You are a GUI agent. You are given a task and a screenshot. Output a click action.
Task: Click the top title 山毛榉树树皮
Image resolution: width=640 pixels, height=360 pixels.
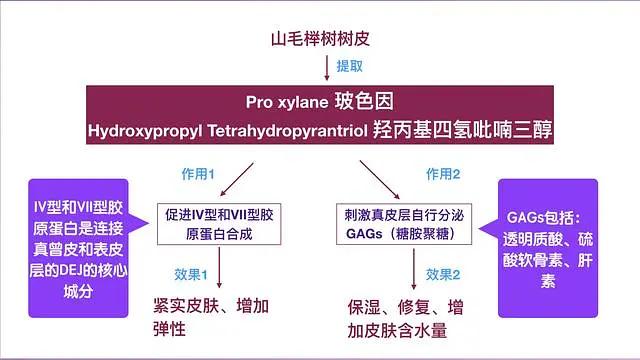[319, 41]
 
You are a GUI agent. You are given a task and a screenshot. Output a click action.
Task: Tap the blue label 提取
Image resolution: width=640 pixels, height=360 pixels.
[349, 67]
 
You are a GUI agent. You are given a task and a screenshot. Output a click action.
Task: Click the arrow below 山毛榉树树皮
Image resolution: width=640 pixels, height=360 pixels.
[327, 67]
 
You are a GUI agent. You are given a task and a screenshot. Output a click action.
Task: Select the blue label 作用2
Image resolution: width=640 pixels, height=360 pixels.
[443, 174]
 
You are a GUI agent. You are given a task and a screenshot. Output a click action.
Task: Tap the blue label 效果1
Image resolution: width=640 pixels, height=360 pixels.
[190, 273]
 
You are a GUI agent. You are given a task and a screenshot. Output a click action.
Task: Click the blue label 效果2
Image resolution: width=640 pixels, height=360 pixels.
[443, 273]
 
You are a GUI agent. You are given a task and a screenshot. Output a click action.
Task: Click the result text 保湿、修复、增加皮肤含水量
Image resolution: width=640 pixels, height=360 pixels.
[405, 316]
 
